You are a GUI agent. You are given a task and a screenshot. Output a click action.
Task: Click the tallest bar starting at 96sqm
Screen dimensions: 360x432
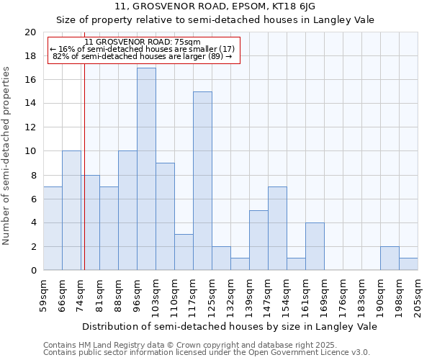[x=146, y=169]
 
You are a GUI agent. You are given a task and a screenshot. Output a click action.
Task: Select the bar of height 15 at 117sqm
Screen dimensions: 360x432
[x=202, y=181]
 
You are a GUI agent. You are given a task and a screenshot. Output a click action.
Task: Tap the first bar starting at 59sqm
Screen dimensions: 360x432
[x=53, y=228]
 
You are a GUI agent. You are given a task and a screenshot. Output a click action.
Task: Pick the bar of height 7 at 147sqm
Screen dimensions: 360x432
[x=277, y=228]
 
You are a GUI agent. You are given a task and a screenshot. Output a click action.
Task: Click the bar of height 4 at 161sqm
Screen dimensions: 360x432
[x=315, y=246]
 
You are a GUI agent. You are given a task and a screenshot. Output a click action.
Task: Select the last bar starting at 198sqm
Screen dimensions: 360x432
[x=408, y=264]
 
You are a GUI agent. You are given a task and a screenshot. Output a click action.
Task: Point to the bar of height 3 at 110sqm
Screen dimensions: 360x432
[x=184, y=252]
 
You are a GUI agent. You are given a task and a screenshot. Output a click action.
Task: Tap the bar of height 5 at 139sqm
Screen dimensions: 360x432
[x=258, y=240]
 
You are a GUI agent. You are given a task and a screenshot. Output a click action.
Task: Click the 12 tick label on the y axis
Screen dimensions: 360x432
[x=30, y=127]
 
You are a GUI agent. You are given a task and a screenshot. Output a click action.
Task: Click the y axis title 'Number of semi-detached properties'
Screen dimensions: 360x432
[x=7, y=156]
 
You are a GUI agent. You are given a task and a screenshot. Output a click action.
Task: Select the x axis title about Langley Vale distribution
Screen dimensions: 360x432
[x=230, y=326]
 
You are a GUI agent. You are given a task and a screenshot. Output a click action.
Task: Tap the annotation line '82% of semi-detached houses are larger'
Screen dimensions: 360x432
[x=143, y=56]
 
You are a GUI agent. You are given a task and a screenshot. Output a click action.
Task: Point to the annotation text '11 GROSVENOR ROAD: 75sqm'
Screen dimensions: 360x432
[x=143, y=42]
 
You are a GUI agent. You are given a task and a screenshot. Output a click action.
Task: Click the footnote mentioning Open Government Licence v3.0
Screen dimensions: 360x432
[x=207, y=353]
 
